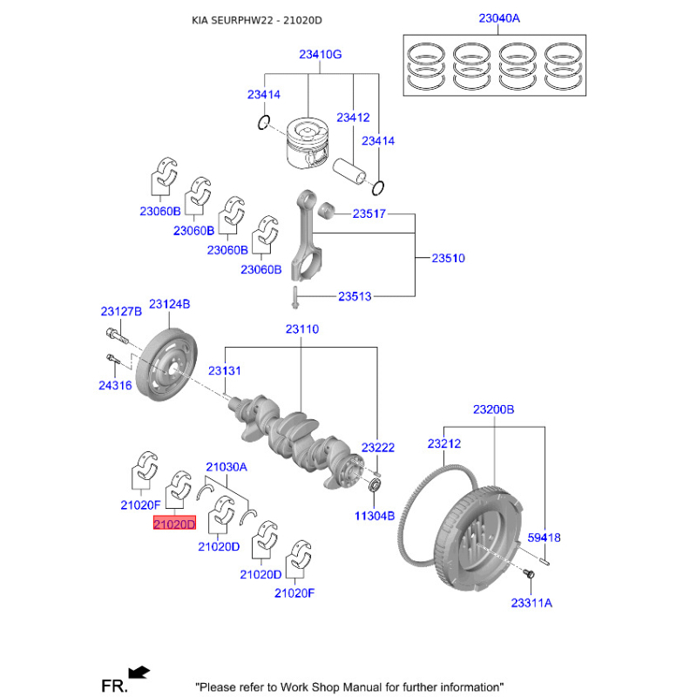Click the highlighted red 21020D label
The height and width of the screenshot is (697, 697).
pos(175,524)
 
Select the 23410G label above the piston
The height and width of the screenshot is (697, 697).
pos(320,54)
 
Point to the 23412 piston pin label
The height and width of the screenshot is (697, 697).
pos(353,117)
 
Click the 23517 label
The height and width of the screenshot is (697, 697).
pos(369,213)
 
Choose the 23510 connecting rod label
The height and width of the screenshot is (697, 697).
pos(449,258)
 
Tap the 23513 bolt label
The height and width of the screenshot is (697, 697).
pos(355,296)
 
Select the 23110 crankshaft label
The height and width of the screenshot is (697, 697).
pos(301,329)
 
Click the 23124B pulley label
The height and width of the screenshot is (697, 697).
pos(169,304)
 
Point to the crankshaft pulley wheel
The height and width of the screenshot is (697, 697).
pos(171,366)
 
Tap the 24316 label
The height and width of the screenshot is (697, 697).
pos(115,384)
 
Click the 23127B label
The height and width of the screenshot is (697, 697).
pos(120,311)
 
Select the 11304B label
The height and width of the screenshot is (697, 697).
pos(375,515)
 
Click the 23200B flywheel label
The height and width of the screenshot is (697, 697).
pos(494,409)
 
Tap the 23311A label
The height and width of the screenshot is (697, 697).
pos(531,602)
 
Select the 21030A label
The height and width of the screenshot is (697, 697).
pos(227,467)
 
